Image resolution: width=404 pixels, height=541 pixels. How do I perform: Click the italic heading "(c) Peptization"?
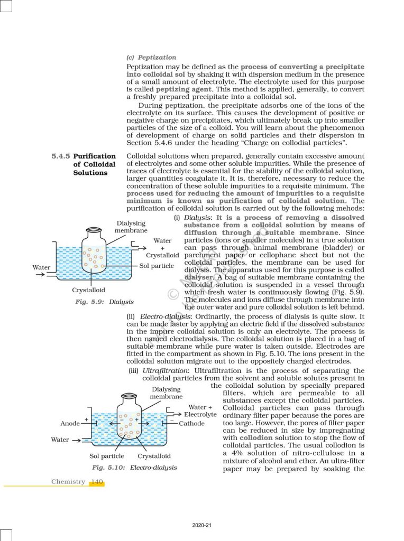[151, 57]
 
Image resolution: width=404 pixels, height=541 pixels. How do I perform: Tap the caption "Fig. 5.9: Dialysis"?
[105, 302]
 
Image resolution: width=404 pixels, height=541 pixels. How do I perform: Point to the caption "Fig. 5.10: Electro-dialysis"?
[134, 468]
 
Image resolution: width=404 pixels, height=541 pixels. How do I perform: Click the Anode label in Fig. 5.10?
[70, 423]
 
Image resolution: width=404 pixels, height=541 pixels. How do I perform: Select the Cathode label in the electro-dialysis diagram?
[192, 424]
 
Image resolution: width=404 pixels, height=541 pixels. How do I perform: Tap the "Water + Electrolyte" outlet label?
[201, 411]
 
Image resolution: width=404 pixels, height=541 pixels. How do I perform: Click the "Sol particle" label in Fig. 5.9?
[157, 266]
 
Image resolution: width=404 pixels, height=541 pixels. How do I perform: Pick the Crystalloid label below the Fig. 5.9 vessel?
[88, 290]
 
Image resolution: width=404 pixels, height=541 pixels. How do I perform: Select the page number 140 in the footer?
[97, 482]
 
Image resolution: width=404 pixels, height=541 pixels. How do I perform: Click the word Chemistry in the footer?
[68, 482]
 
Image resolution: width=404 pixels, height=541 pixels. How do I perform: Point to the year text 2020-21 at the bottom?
[202, 525]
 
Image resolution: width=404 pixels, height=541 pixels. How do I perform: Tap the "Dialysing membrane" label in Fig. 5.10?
[166, 393]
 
